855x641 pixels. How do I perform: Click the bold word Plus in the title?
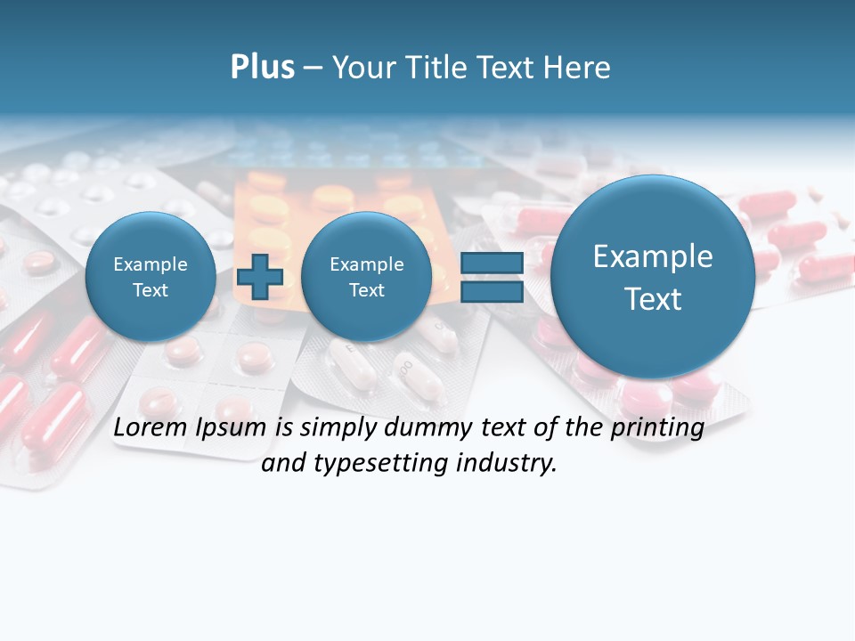262,68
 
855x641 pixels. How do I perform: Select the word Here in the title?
579,68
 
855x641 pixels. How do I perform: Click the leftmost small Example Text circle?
151,277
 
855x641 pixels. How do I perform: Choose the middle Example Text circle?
366,277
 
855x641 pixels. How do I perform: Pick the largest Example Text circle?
653,277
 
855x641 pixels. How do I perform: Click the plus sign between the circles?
259,277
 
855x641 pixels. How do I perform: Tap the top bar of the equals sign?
492,264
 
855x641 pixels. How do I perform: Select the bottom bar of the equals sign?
492,292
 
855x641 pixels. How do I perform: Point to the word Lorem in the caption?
151,428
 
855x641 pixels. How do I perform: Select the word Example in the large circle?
653,256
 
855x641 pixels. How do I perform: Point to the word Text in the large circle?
653,299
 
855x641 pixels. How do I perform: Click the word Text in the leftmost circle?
151,290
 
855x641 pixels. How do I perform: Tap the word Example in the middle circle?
366,264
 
